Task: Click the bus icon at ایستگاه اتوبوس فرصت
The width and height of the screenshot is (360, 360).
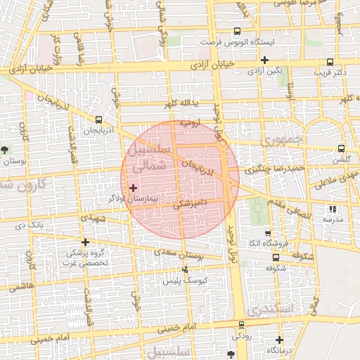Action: coord(237,32)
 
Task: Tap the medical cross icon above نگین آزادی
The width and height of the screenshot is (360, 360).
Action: coord(264,60)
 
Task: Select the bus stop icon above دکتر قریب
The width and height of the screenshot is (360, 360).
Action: coord(330,61)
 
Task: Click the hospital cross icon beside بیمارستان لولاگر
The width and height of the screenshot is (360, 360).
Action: coord(134,188)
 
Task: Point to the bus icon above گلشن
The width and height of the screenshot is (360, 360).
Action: coord(341,148)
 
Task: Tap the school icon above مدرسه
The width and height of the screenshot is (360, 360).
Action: coord(333,209)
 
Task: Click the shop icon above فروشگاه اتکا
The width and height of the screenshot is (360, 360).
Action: coord(267,233)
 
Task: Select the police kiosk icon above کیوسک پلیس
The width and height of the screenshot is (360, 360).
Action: coord(186,269)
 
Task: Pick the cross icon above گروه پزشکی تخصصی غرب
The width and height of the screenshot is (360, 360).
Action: coord(85,242)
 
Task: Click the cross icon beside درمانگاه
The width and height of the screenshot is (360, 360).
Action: coord(279,340)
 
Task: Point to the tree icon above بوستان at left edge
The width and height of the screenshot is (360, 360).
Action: coord(6,150)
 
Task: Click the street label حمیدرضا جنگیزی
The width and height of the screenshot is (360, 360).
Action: coord(275,169)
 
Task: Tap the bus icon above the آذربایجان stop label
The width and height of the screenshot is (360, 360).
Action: coord(98,120)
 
